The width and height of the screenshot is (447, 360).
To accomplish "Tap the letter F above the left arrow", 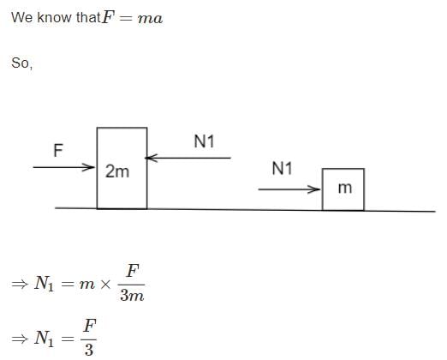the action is tap(58, 150).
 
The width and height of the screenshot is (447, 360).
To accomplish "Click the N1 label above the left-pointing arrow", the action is tap(204, 141).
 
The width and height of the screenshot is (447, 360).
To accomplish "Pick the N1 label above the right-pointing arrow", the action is tap(282, 168).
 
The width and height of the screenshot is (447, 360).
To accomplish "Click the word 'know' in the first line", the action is tap(54, 17).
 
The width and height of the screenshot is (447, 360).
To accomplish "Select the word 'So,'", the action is tap(22, 63).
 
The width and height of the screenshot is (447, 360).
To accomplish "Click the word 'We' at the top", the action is tap(22, 17).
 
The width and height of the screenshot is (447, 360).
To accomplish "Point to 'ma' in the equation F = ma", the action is tap(150, 19).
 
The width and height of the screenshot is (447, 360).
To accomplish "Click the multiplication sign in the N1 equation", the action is tap(105, 284).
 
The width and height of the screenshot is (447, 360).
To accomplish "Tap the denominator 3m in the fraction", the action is tap(132, 295).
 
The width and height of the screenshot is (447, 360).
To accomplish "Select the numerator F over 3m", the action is tap(133, 271).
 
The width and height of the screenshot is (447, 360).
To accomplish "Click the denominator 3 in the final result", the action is tap(89, 350).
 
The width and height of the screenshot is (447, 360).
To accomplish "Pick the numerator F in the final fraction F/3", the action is tap(90, 326).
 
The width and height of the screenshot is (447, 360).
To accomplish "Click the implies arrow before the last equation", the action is tap(20, 339).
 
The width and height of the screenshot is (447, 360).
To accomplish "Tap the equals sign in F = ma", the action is tap(126, 19).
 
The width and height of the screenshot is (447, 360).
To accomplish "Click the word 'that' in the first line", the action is tap(88, 17).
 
